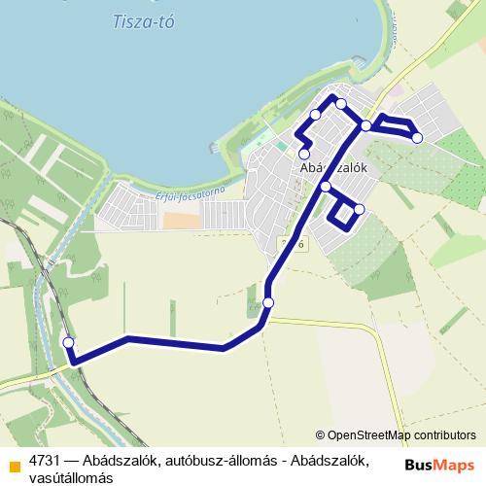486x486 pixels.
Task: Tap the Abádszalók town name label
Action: click(x=332, y=167)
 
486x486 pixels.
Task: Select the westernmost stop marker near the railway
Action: click(x=68, y=342)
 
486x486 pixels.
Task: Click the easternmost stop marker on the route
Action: click(x=417, y=138)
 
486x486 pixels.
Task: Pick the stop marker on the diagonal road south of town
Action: click(x=268, y=303)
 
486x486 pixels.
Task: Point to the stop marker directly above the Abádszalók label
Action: click(x=304, y=154)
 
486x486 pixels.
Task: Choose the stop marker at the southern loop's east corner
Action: click(x=359, y=209)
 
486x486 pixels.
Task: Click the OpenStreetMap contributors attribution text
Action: click(x=396, y=435)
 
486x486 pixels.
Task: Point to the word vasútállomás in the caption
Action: click(x=71, y=477)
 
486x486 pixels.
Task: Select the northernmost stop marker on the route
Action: click(x=341, y=102)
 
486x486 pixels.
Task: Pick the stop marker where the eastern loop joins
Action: click(x=365, y=124)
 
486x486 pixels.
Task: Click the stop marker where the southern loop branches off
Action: click(x=326, y=187)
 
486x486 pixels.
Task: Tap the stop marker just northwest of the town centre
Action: click(x=315, y=116)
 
